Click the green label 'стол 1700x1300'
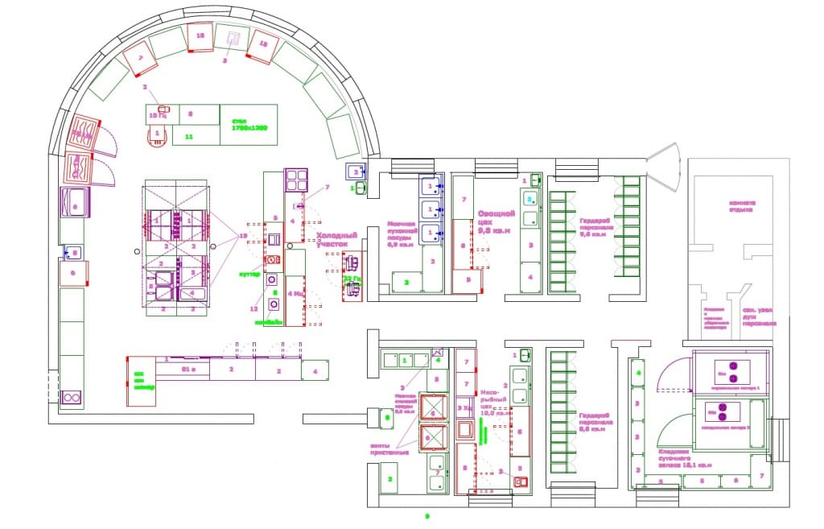click(x=245, y=124)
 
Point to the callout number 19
click(x=242, y=234)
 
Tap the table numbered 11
click(x=189, y=138)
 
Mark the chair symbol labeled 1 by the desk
click(x=158, y=133)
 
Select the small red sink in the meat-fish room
click(x=521, y=481)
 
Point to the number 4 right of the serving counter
click(x=315, y=370)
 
